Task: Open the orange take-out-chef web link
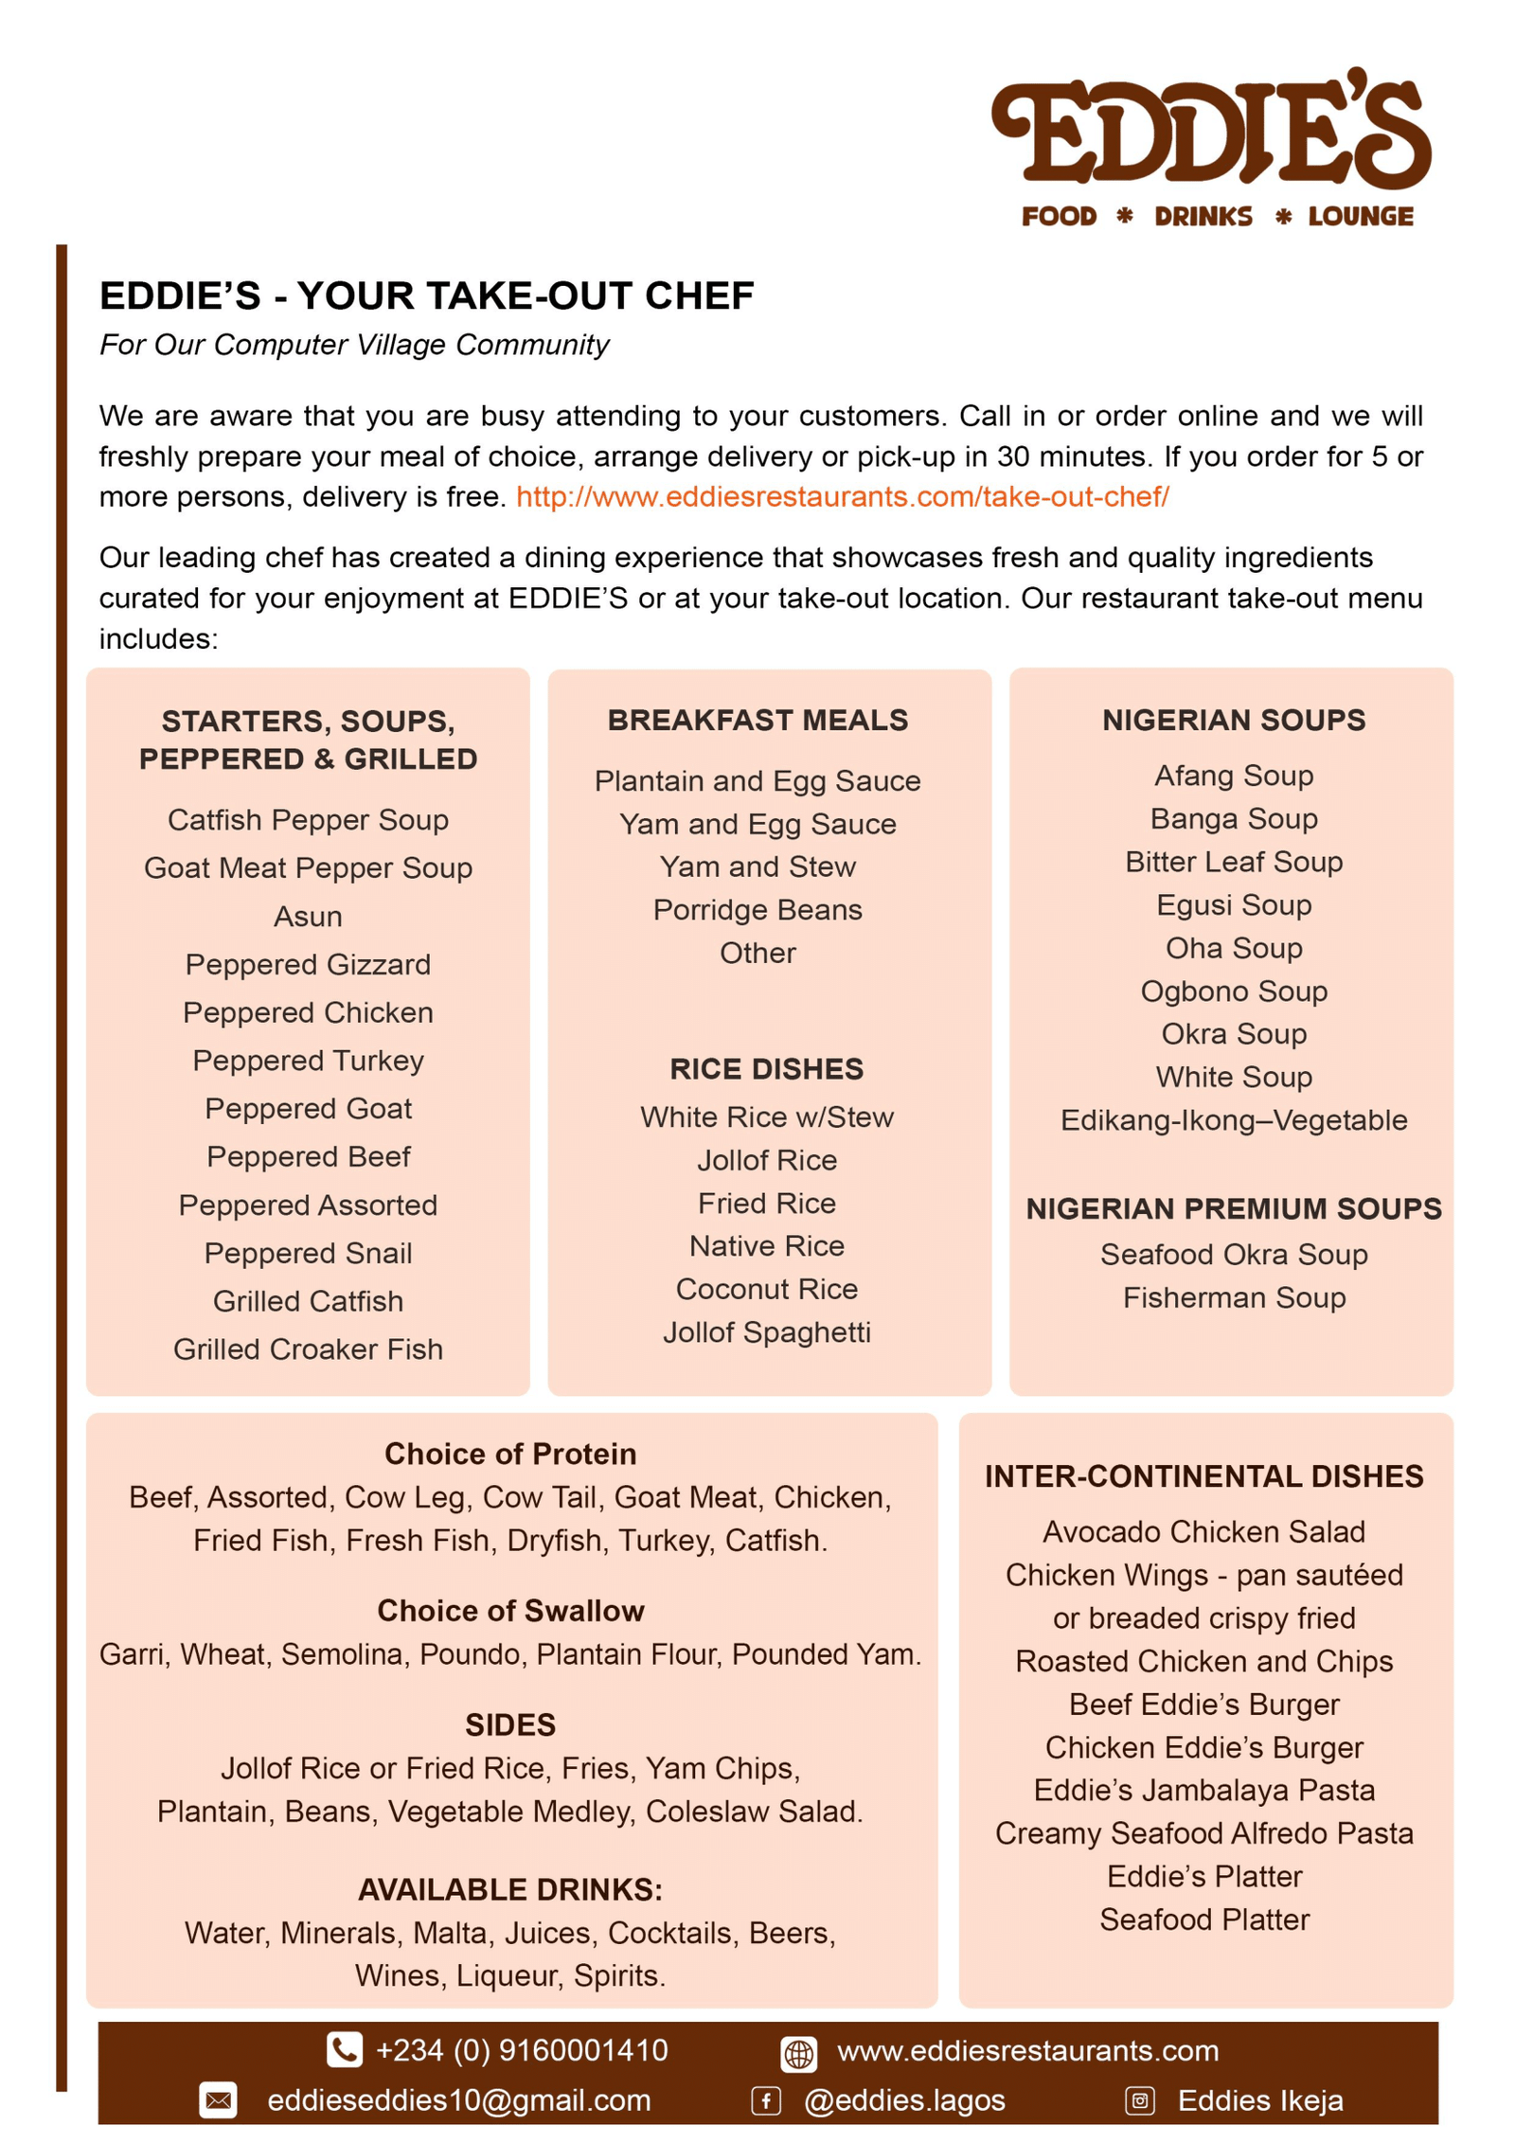tap(842, 496)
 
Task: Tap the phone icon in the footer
tap(344, 2049)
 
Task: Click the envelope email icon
tap(218, 2099)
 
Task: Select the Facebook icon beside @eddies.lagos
tap(765, 2100)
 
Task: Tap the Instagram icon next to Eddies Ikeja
tap(1139, 2100)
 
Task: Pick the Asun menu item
tap(308, 916)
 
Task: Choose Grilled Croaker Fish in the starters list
tap(308, 1348)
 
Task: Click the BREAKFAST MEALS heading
tap(757, 720)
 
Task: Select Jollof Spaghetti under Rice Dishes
tap(766, 1331)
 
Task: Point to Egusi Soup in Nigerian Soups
tap(1233, 904)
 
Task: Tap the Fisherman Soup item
tap(1233, 1296)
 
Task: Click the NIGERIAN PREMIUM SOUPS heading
tap(1233, 1208)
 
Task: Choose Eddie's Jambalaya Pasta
tap(1203, 1790)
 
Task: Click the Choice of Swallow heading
tap(510, 1610)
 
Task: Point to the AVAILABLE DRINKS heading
tap(510, 1889)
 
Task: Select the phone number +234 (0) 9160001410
tap(522, 2049)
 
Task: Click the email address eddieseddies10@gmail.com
tap(459, 2099)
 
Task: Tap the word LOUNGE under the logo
tap(1360, 217)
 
